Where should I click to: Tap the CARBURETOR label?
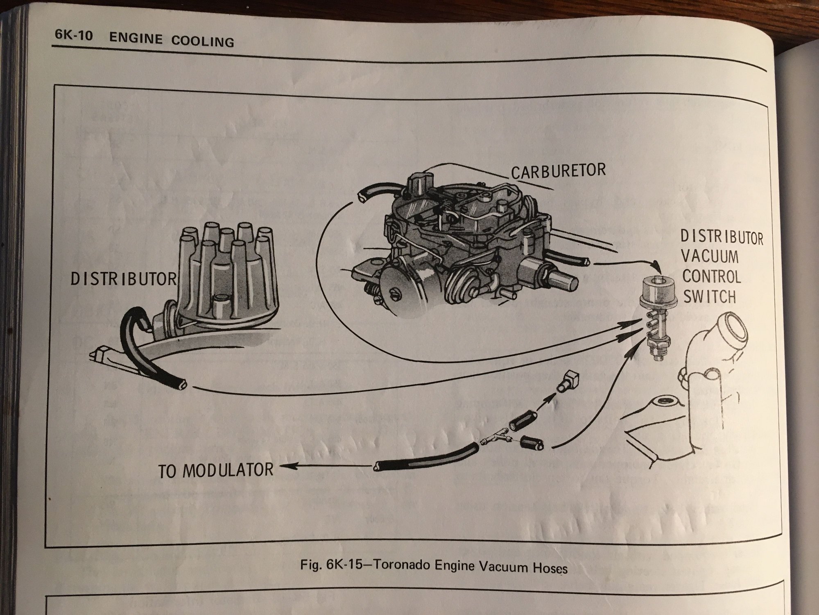click(558, 171)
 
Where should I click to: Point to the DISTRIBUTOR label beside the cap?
click(123, 279)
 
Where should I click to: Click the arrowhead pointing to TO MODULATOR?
click(283, 466)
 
